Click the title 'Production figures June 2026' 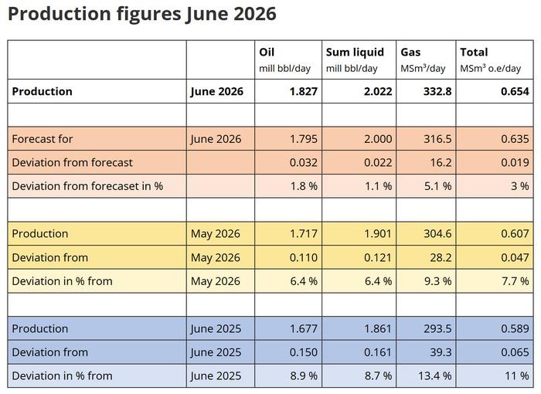click(x=141, y=14)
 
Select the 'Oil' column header click(x=267, y=52)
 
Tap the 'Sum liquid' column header click(x=355, y=52)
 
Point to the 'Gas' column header click(x=410, y=52)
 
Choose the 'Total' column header click(x=474, y=52)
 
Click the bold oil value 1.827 click(x=303, y=91)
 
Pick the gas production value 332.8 click(x=437, y=91)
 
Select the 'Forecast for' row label click(x=43, y=139)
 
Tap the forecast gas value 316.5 click(x=437, y=139)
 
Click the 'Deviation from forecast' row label click(x=72, y=162)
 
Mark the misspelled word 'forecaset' click(x=116, y=186)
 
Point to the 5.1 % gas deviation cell click(x=437, y=186)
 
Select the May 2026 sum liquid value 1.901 click(x=378, y=233)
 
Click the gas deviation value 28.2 click(x=441, y=257)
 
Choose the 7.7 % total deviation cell click(x=515, y=281)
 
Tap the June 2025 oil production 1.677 click(x=303, y=328)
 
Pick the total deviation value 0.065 click(x=515, y=352)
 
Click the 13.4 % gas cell click(x=434, y=375)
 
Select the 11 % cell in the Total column click(x=516, y=375)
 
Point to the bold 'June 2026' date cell click(x=216, y=92)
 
